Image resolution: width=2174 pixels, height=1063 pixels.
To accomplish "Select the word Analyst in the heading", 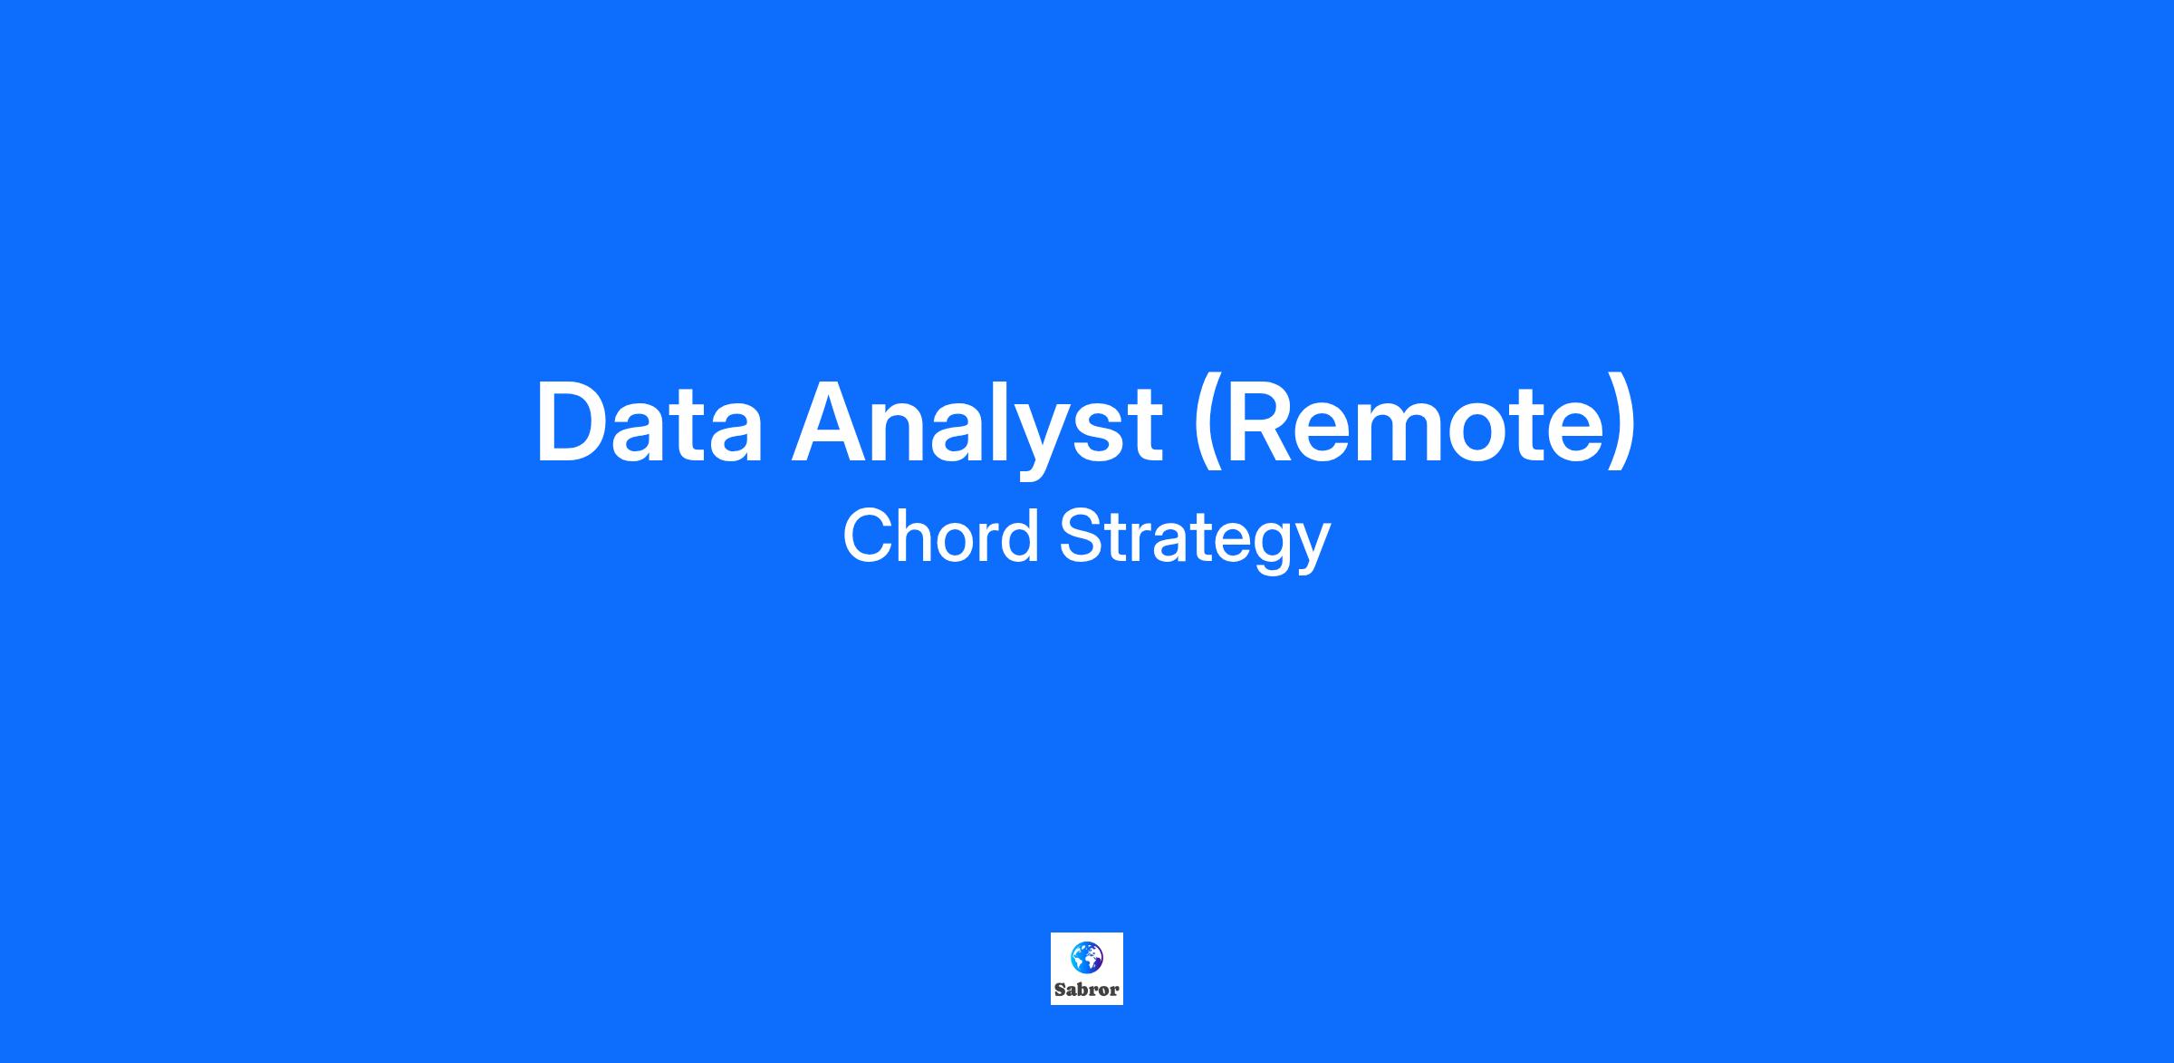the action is (977, 431).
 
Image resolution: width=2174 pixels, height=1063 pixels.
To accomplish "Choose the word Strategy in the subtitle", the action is (1195, 540).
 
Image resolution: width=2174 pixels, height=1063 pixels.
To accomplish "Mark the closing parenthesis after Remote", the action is (1624, 427).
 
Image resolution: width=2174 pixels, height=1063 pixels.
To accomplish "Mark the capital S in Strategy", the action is (1082, 536).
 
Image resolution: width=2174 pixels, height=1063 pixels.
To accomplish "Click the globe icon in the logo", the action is (1086, 956).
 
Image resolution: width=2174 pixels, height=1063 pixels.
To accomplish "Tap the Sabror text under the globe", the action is (1086, 990).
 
